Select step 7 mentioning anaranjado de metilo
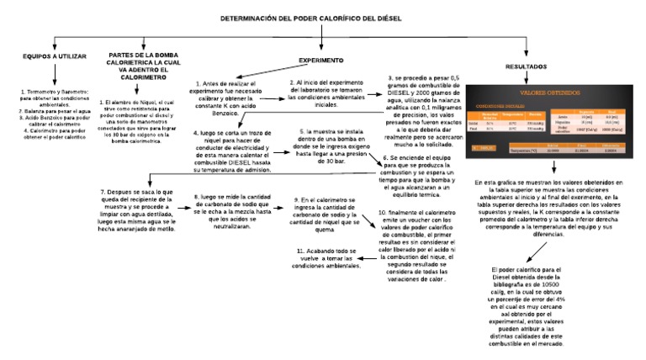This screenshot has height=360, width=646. coord(138,210)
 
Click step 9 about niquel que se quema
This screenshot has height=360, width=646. coord(324,212)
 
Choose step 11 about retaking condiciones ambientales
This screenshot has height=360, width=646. coord(327,257)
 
